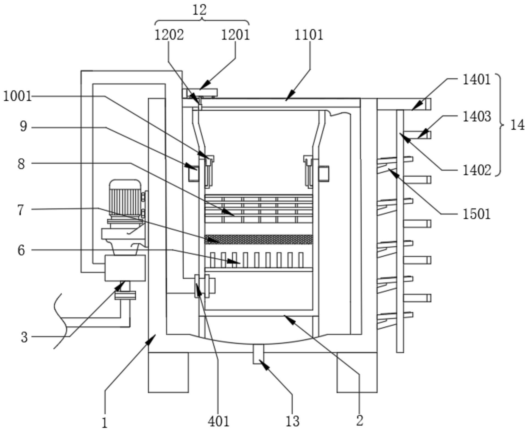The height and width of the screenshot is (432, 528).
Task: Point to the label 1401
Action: coord(477,80)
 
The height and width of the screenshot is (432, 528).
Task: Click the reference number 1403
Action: coord(477,117)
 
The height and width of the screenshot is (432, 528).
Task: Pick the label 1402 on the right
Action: coord(477,170)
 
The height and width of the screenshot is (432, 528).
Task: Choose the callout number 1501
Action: coord(477,214)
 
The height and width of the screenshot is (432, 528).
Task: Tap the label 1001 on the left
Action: coord(17,97)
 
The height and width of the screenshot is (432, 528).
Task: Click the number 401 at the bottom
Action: coord(219,421)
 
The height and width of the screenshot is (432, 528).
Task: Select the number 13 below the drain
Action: coord(292,421)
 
